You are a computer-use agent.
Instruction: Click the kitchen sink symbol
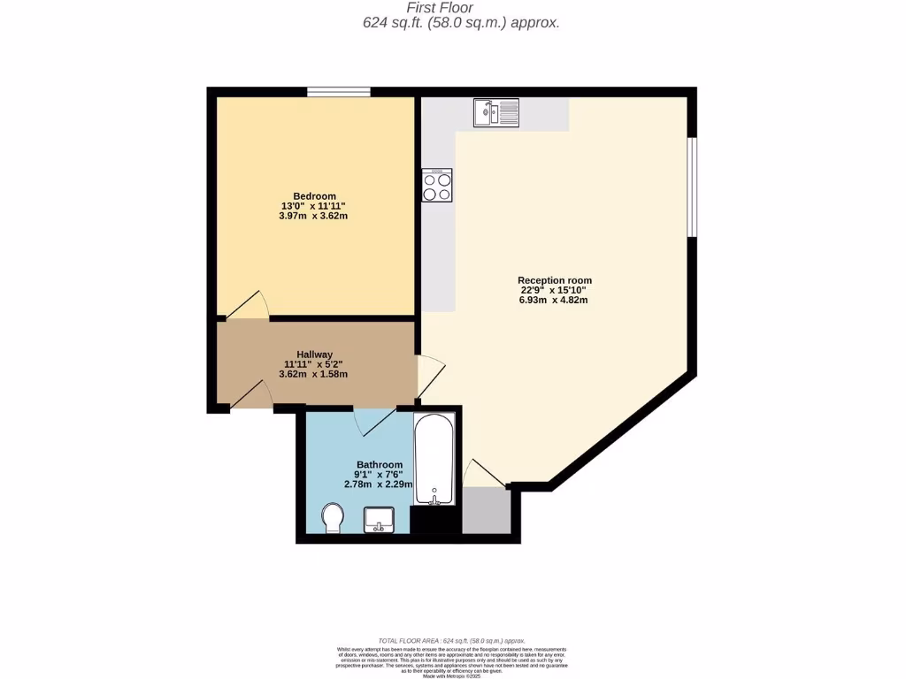495,112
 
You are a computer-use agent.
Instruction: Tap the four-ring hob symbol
436,185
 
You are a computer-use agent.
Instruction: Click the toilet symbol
333,517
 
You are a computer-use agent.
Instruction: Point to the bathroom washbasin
380,520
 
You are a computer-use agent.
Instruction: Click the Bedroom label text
314,196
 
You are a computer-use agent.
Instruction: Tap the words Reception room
554,280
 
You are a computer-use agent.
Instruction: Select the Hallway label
314,354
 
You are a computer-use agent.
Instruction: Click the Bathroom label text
379,464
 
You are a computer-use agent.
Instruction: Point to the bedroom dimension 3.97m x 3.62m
314,216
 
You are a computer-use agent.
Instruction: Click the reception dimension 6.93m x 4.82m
554,300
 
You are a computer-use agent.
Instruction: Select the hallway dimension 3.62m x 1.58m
314,373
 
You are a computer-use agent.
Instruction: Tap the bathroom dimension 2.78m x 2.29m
379,484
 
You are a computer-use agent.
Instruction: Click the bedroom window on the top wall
338,91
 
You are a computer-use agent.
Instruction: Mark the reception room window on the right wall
693,187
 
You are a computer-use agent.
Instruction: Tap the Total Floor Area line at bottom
452,640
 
